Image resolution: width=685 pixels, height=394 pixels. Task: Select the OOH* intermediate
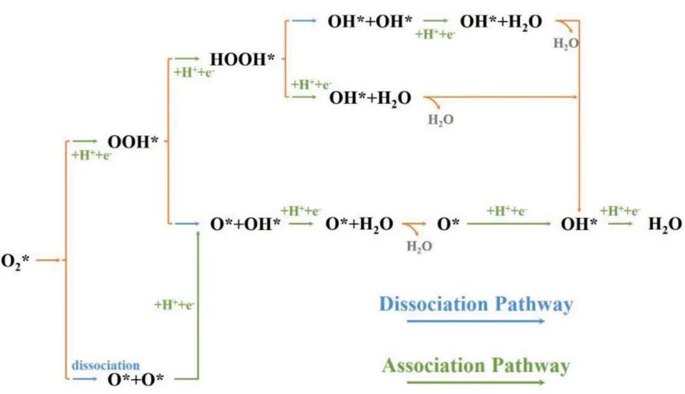[133, 142]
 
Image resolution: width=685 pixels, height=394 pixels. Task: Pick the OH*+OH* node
[365, 22]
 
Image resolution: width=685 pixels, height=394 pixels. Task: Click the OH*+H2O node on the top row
[501, 22]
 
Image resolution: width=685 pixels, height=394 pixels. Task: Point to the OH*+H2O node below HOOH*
[370, 98]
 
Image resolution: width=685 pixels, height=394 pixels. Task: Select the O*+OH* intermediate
[245, 224]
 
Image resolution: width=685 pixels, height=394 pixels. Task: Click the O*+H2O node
[359, 224]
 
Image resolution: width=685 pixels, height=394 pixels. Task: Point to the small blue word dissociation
[105, 365]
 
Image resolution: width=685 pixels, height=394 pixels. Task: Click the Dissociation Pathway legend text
[476, 304]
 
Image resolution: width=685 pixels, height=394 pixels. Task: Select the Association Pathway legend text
[476, 365]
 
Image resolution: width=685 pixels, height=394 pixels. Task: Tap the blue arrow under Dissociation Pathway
[476, 321]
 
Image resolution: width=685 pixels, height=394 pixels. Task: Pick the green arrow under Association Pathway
[476, 383]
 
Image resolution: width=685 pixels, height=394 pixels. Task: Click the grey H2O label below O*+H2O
[419, 246]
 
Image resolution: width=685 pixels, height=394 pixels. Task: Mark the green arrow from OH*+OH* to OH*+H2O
[436, 21]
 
